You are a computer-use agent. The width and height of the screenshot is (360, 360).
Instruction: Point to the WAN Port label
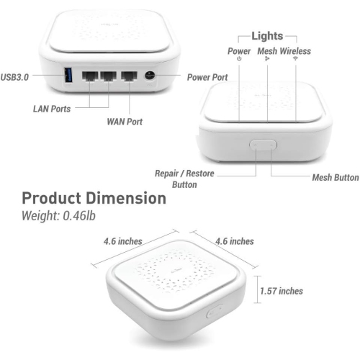[x=125, y=122]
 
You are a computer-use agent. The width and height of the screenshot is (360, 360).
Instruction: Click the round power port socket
[x=151, y=75]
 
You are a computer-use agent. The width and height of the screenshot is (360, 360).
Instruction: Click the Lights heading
[x=267, y=35]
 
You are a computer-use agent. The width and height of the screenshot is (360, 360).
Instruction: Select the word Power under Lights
[x=239, y=51]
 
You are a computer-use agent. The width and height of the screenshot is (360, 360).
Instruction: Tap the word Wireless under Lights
[x=296, y=51]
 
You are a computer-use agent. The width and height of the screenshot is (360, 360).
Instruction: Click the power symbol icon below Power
[x=239, y=60]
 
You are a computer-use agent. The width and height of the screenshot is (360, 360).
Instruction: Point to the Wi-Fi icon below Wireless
[x=295, y=60]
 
